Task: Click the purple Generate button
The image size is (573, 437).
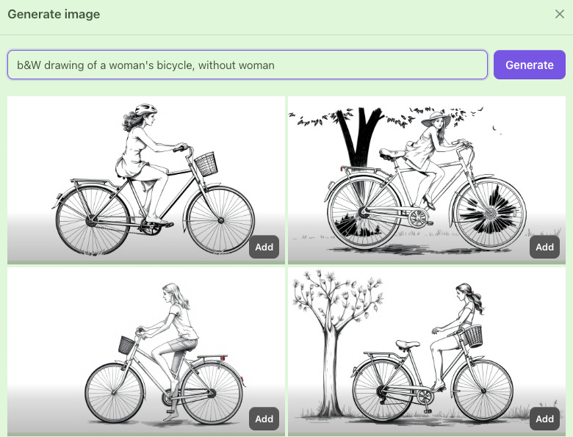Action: click(530, 65)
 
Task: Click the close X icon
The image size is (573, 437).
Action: click(560, 14)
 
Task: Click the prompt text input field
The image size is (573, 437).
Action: click(248, 65)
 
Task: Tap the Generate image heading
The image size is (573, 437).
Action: click(54, 14)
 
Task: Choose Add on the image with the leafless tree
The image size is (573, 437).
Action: click(544, 419)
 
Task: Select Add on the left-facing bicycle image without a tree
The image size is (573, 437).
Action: click(264, 419)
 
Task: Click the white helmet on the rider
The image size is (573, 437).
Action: click(145, 109)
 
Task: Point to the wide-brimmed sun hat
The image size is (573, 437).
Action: click(436, 118)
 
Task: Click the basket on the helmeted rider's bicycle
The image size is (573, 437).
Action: click(206, 164)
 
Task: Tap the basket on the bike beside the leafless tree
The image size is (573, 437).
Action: click(472, 336)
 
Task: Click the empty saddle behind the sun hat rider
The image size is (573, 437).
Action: click(392, 154)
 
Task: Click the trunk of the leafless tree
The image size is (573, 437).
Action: click(331, 369)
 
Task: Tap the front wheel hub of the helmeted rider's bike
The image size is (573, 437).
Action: click(220, 220)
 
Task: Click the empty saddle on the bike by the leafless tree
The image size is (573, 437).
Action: click(408, 344)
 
